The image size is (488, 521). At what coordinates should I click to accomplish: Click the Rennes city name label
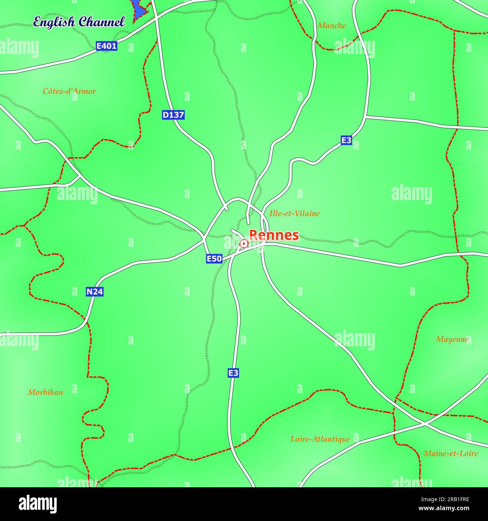click(274, 235)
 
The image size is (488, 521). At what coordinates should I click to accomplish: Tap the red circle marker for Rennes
click(244, 244)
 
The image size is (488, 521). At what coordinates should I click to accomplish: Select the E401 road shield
click(107, 46)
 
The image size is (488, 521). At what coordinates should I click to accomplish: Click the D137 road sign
click(173, 115)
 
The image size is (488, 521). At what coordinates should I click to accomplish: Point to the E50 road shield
click(214, 259)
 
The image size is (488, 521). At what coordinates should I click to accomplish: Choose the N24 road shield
click(94, 292)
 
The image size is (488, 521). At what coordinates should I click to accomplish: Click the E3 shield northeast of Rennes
click(346, 140)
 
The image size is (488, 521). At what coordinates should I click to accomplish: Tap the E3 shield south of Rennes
click(233, 373)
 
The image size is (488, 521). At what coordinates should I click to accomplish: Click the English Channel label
click(79, 22)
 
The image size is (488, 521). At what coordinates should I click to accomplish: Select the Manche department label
click(331, 25)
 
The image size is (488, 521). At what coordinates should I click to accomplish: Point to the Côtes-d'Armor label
click(69, 91)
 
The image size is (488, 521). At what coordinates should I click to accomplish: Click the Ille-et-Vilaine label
click(294, 214)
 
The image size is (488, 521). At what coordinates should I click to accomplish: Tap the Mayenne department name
click(452, 339)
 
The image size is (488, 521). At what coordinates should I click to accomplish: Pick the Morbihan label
click(45, 392)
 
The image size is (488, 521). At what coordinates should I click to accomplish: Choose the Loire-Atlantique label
click(320, 439)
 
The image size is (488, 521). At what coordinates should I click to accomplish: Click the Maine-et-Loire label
click(450, 454)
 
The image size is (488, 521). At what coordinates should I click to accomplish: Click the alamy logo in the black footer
click(38, 504)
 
